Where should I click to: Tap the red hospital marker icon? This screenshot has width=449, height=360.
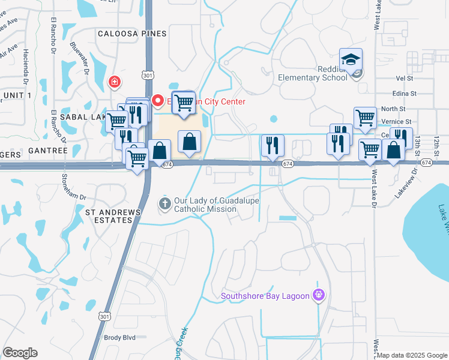(113, 82)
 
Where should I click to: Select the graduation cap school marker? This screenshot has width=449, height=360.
(351, 59)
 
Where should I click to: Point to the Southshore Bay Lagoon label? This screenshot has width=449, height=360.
(265, 295)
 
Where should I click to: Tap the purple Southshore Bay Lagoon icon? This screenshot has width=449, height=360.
(319, 295)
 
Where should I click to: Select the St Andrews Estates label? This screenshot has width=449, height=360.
(113, 216)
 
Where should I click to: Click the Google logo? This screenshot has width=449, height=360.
(20, 353)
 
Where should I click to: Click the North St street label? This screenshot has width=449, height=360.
(393, 109)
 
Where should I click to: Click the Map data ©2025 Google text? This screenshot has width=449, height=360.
(412, 355)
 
